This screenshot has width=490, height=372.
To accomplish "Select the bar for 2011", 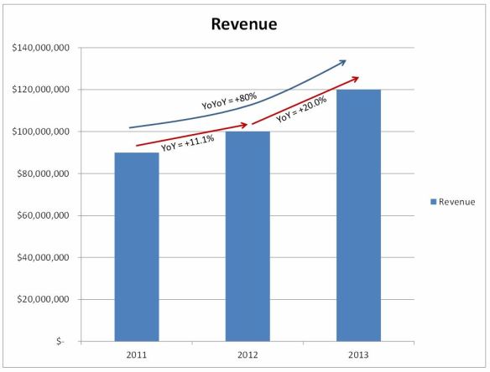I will click(136, 246).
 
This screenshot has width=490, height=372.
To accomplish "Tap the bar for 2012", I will click(248, 236).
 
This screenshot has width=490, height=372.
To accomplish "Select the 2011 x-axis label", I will click(136, 354).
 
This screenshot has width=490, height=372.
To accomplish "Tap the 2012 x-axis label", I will click(248, 354).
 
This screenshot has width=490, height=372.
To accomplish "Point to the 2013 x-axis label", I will click(359, 354).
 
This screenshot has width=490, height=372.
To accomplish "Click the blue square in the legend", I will click(433, 202).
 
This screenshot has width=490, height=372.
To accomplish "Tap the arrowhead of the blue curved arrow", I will click(344, 61).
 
